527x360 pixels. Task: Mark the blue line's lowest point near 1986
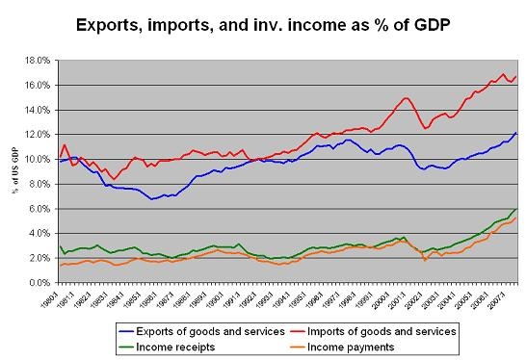tap(152, 199)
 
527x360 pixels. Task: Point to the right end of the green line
tap(518, 208)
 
